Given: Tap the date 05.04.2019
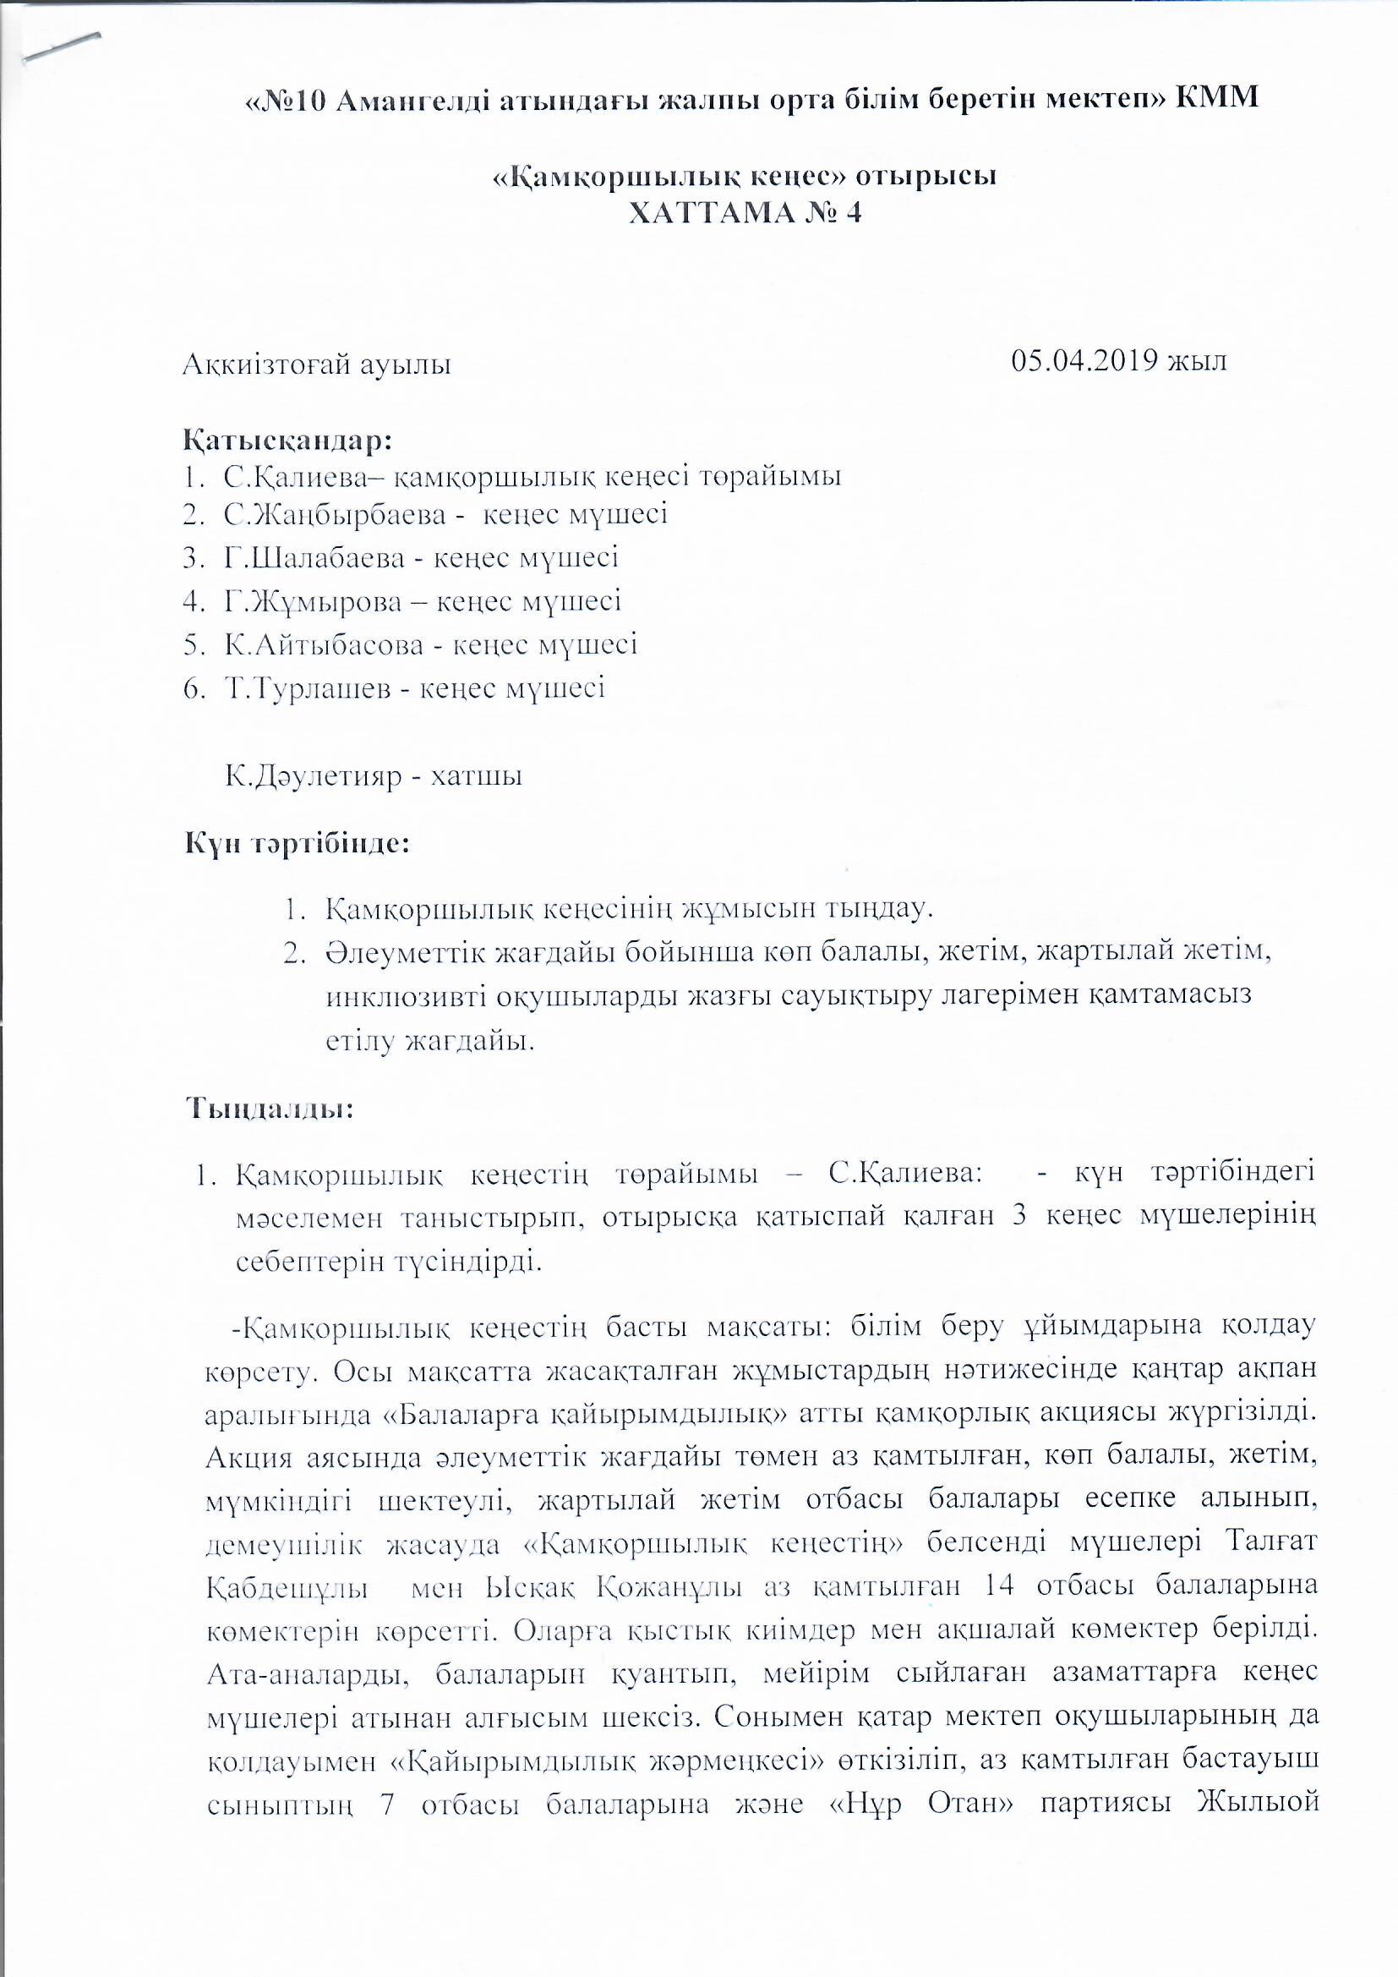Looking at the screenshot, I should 1084,360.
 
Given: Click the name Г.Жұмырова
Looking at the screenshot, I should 314,601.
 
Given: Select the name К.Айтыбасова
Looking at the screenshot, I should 324,644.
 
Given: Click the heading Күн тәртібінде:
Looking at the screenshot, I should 296,842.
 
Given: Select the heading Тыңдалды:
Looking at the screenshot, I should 270,1109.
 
